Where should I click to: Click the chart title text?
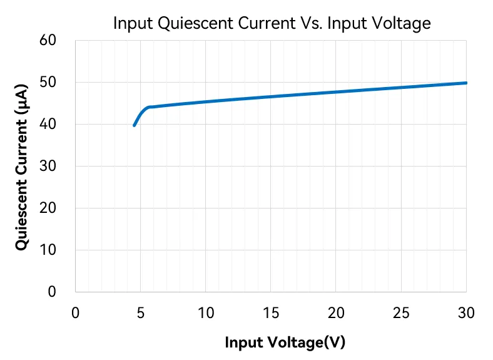[x=272, y=24]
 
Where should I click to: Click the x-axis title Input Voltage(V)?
[x=285, y=342]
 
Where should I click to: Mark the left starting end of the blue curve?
[x=134, y=125]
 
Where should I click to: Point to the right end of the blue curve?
[x=466, y=83]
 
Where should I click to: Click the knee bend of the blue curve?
[x=150, y=107]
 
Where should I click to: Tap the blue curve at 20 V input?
[x=336, y=92]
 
